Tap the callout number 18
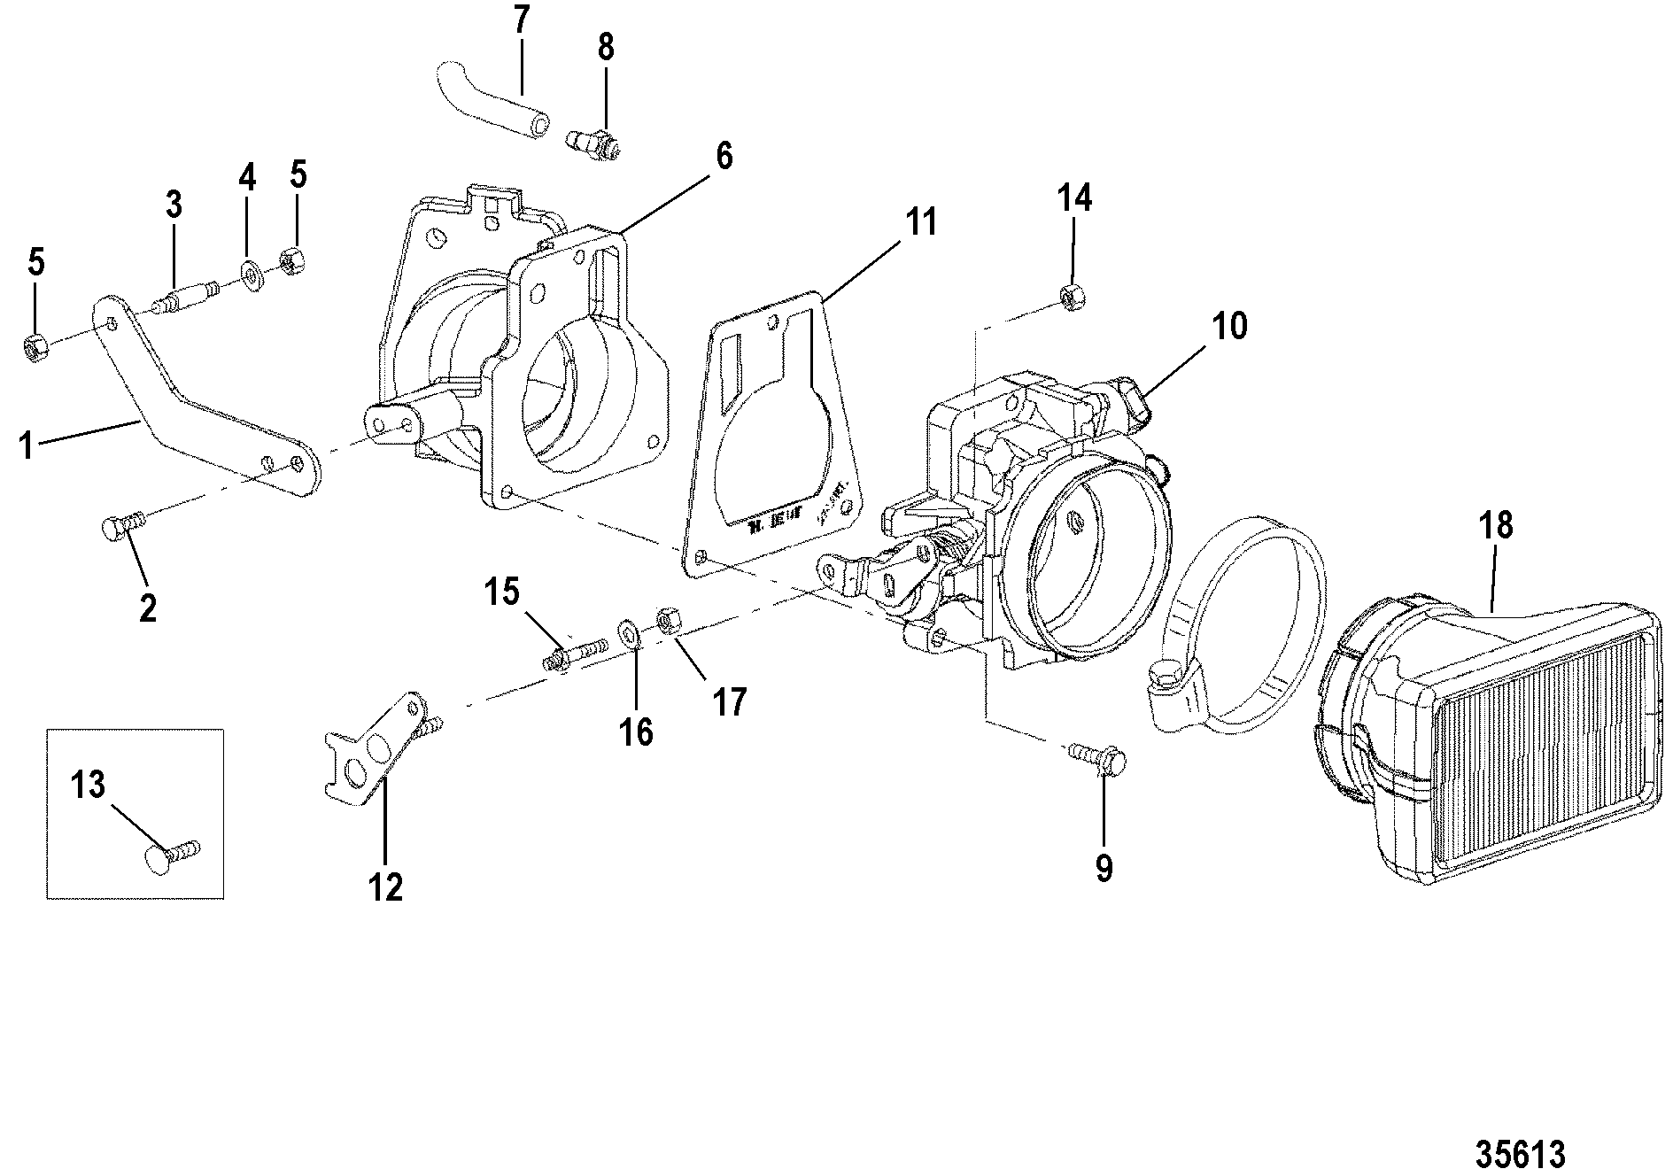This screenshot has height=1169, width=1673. (1495, 526)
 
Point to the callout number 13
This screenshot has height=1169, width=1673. (88, 785)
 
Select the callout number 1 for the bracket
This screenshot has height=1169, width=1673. (27, 445)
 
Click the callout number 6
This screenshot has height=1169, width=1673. (724, 156)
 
